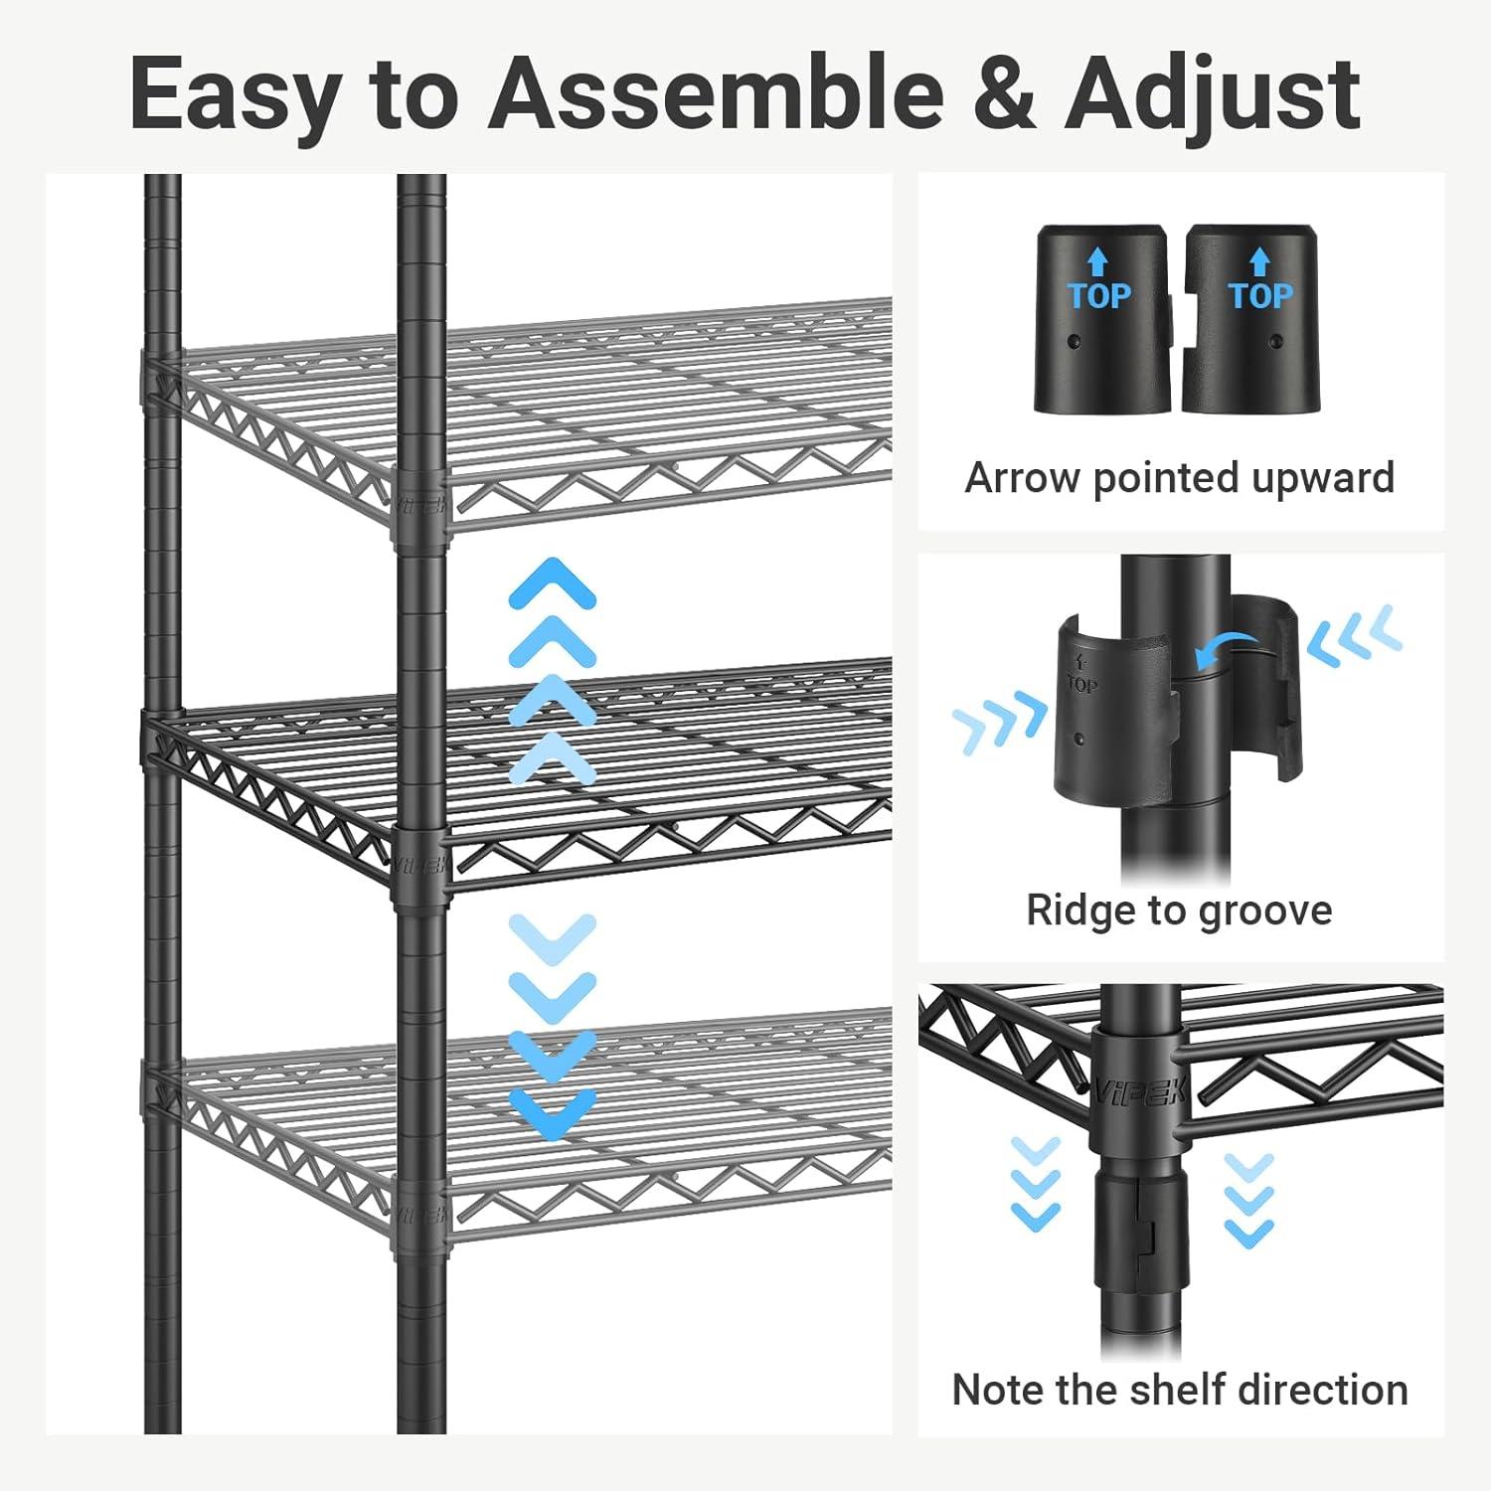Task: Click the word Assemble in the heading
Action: pos(716,94)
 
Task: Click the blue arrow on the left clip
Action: pos(1097,261)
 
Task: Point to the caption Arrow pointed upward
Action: pos(1179,478)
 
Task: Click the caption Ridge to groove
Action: pos(1179,910)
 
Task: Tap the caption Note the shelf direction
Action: pos(1179,1389)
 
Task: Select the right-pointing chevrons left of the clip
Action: pos(999,723)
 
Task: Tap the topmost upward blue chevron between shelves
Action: pos(552,580)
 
